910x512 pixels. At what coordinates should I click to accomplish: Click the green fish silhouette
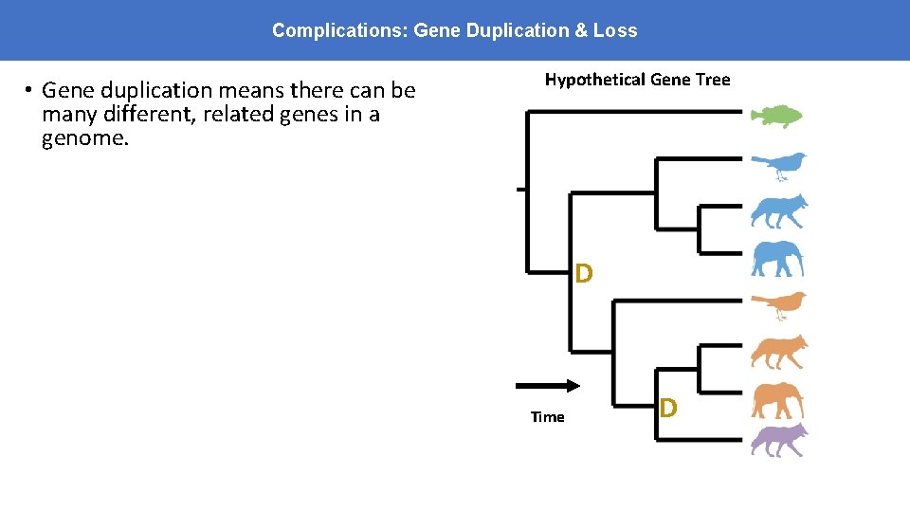pos(776,116)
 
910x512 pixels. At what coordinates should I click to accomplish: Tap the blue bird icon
pos(779,165)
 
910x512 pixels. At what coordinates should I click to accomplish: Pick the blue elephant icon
pos(777,259)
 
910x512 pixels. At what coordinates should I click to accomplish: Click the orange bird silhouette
pos(779,304)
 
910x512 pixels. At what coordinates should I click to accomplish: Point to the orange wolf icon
pos(779,351)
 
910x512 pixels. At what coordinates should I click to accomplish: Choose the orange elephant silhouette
pos(777,400)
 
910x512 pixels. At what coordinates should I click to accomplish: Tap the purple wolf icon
pos(779,440)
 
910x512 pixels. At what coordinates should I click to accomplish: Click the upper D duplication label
pos(584,274)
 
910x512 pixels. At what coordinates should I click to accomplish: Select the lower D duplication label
pos(668,408)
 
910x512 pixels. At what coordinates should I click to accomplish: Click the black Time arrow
pos(548,385)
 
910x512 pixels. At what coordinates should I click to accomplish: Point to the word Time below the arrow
pos(547,417)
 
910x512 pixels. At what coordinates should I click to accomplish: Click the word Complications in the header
pos(338,30)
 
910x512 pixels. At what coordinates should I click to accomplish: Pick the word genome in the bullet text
pos(79,139)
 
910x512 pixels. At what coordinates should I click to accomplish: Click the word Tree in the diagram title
pos(713,80)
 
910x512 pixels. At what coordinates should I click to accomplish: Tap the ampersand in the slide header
pos(580,30)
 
